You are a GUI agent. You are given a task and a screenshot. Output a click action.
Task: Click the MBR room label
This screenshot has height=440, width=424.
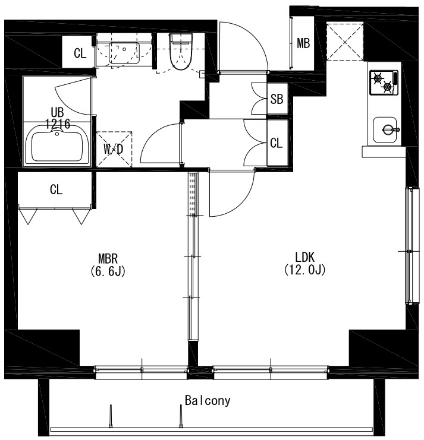(108, 258)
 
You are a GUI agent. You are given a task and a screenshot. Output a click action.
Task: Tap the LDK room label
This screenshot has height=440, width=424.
(305, 257)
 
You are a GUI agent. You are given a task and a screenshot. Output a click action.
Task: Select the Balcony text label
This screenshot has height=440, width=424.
(208, 400)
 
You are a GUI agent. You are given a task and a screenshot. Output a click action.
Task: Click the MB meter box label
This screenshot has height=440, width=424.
(303, 43)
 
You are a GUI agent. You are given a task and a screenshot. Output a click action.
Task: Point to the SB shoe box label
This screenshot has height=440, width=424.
(277, 99)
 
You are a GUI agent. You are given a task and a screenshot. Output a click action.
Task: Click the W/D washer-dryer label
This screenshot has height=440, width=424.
(114, 149)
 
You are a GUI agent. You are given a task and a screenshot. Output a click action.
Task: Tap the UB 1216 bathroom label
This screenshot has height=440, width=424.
(57, 118)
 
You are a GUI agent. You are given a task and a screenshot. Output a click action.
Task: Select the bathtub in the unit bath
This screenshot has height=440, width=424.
(57, 144)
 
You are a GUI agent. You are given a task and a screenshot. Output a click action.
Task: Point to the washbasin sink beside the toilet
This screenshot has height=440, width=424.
(124, 53)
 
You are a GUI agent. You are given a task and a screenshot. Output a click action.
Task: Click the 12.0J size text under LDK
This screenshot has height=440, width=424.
(305, 270)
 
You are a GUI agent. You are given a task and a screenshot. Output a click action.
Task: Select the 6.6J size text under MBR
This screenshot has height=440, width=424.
(108, 271)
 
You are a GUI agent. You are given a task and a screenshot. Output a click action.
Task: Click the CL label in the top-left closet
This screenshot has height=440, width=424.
(80, 53)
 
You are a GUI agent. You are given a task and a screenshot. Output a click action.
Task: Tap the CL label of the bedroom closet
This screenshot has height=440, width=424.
(56, 189)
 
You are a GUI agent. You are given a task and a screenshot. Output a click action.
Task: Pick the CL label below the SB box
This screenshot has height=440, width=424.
(276, 143)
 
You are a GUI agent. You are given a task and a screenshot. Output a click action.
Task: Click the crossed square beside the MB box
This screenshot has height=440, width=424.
(345, 42)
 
